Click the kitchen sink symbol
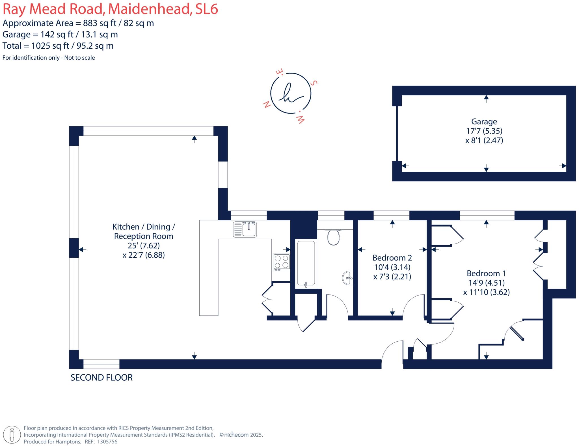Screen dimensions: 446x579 [x=245, y=229]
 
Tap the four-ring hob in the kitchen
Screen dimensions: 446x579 [x=282, y=262]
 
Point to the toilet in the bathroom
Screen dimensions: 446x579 [x=334, y=237]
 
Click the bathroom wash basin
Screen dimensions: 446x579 [x=348, y=278]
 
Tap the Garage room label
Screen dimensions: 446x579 [x=484, y=122]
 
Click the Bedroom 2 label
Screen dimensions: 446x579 [x=392, y=258]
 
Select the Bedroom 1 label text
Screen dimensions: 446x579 [x=486, y=273]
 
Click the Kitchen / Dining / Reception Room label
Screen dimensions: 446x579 [x=144, y=231]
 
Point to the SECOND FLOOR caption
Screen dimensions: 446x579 [x=101, y=378]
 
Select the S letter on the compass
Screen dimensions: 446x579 [x=314, y=83]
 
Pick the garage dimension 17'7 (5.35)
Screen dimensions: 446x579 [x=484, y=131]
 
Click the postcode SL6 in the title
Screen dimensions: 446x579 [x=207, y=9]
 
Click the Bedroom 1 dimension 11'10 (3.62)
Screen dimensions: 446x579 [x=486, y=292]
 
